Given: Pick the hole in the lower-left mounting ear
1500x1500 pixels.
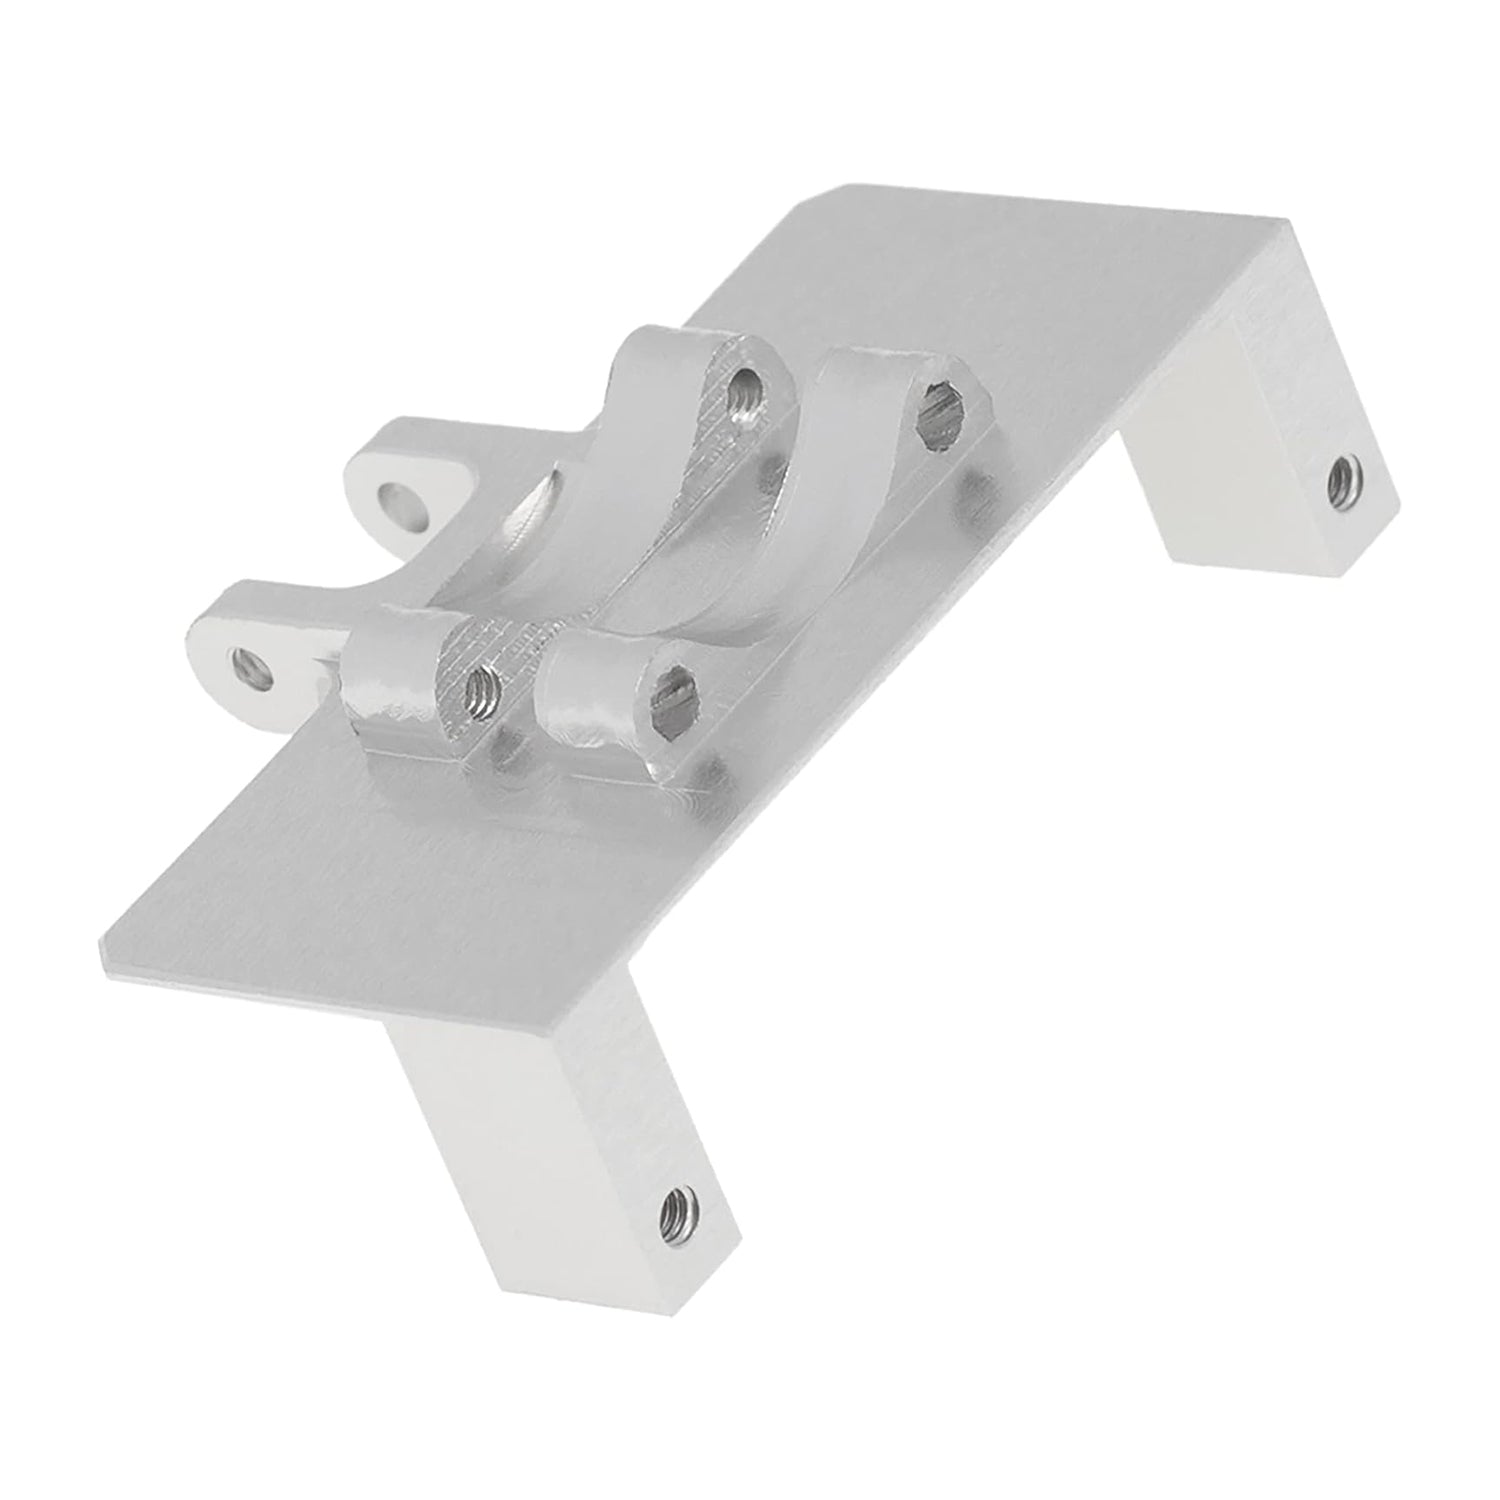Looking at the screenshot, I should [252, 666].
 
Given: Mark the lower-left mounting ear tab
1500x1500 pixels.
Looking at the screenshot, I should [250, 640].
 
